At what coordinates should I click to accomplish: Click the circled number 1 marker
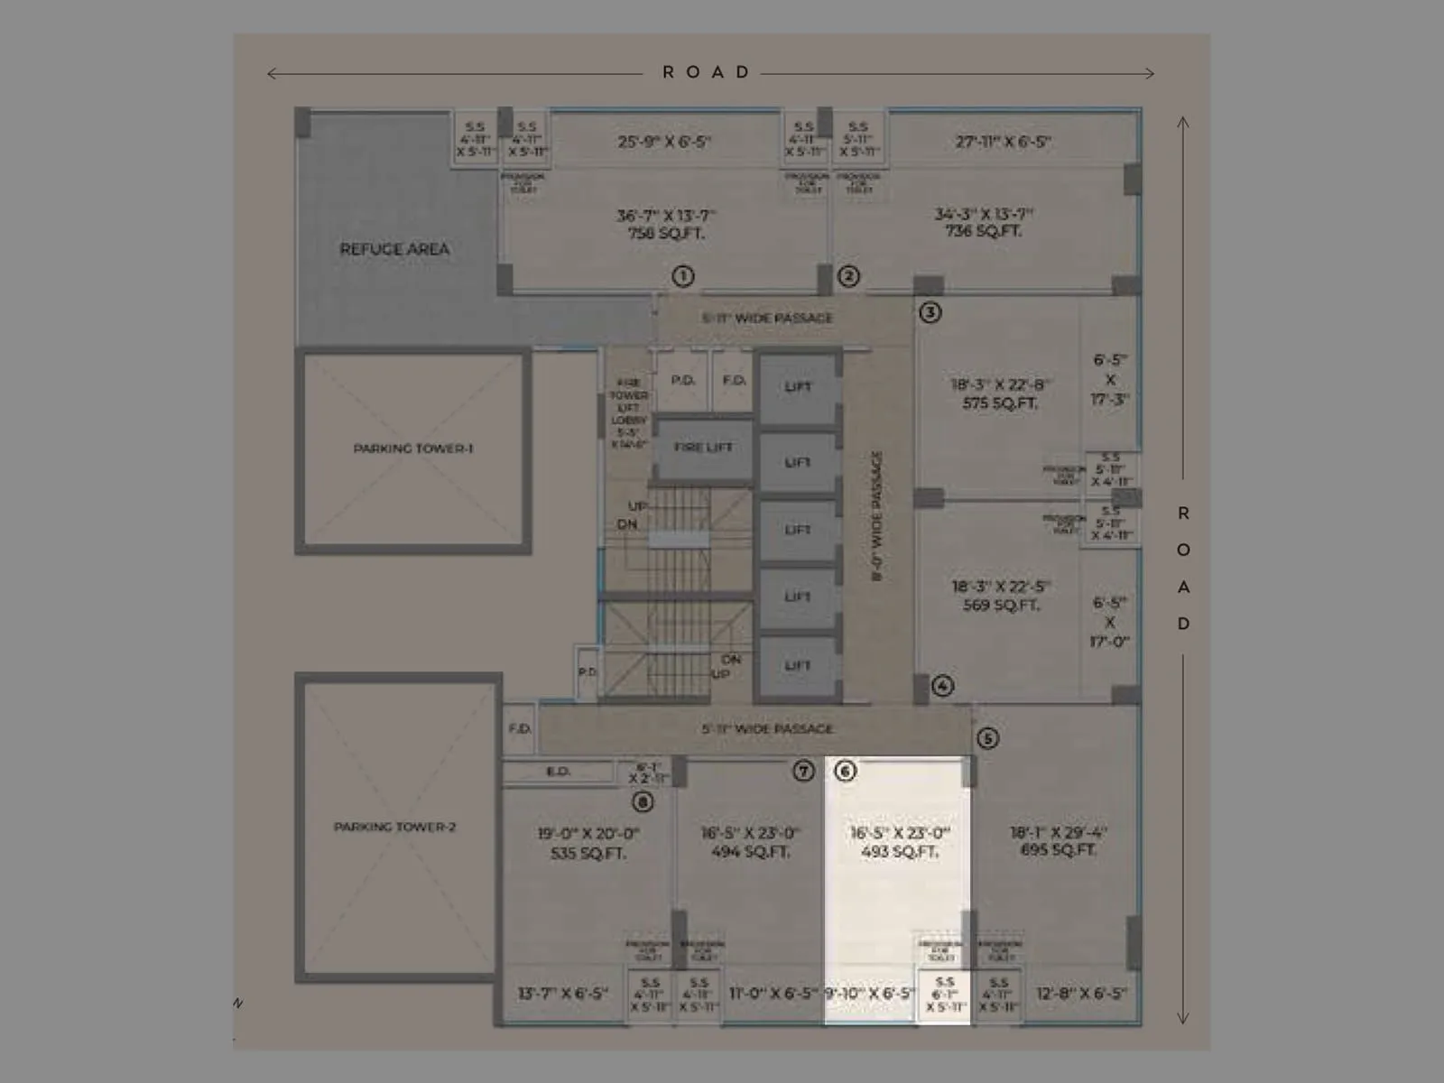pos(683,276)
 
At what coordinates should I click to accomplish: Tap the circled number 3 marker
pos(930,312)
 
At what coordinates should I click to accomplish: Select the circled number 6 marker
pos(845,771)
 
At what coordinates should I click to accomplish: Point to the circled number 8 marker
pos(643,801)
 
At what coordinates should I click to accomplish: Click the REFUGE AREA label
pos(394,249)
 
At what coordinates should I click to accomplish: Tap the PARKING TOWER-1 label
pos(413,449)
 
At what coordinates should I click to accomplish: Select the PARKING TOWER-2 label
pos(395,827)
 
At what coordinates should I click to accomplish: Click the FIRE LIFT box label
pos(703,448)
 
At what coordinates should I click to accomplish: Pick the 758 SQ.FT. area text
pos(666,233)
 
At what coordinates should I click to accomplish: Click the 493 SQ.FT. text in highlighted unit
pos(900,851)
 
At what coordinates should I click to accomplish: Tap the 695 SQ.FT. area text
pos(1058,850)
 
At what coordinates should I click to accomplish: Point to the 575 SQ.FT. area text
pos(1000,403)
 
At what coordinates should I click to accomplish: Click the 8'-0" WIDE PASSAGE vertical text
pos(876,516)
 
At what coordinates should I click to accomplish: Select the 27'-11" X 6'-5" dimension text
pos(1003,142)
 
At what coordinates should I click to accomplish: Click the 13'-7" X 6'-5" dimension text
pos(562,994)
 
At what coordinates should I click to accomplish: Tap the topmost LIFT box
pos(798,387)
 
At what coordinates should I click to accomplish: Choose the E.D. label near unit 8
pos(558,772)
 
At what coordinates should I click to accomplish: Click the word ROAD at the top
pos(707,72)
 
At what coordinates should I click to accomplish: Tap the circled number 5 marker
pos(987,738)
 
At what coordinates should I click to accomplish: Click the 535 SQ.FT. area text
pos(588,853)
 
